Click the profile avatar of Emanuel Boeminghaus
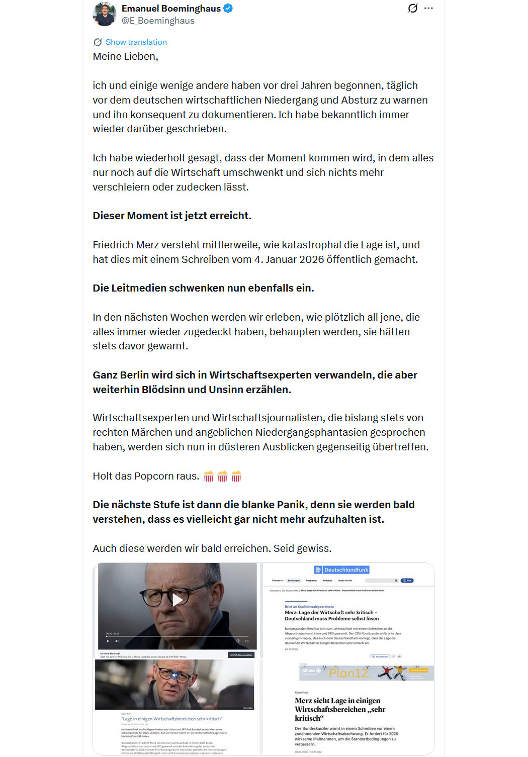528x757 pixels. tap(105, 14)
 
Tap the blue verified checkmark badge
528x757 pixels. tap(228, 8)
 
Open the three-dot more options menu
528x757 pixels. tap(428, 8)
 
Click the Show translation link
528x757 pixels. tap(136, 42)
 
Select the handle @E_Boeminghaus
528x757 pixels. tap(158, 21)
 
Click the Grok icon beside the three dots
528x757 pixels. tap(412, 8)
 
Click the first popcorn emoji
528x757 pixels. tap(209, 476)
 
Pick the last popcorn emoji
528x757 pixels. tap(236, 476)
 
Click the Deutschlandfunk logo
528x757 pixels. tap(342, 570)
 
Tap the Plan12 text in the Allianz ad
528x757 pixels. tap(349, 673)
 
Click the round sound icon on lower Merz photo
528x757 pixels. tap(174, 675)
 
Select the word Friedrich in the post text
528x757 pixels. tap(113, 245)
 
